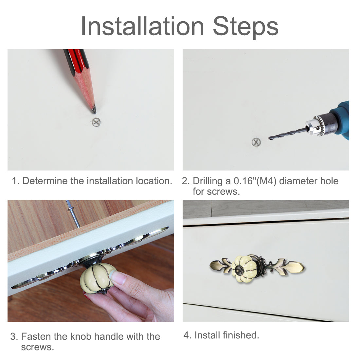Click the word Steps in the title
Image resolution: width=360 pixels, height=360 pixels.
point(246,27)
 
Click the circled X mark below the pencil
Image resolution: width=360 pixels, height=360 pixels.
point(96,122)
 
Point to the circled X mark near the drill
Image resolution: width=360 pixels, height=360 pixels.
point(256,142)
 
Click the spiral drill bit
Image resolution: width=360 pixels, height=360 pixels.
point(288,134)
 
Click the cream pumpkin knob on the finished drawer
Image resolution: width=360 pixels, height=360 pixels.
point(243,269)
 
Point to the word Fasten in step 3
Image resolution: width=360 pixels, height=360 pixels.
point(36,336)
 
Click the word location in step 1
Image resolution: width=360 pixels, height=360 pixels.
point(154,181)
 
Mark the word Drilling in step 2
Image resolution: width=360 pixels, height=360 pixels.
point(207,181)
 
